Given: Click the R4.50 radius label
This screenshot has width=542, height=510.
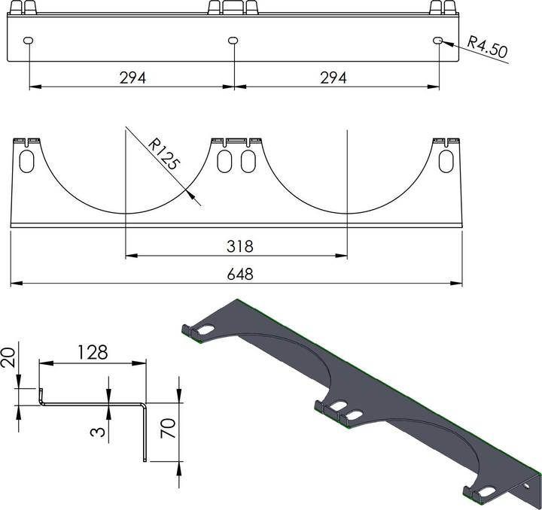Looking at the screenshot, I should [487, 47].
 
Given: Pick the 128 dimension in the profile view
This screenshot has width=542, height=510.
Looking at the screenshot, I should [91, 352].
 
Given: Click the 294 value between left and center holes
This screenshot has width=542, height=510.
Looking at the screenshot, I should [132, 77].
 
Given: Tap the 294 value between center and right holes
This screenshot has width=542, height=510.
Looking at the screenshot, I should [333, 77].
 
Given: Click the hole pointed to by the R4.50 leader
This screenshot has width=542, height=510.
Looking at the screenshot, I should [438, 40].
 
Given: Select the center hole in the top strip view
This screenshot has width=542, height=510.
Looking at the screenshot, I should [233, 40].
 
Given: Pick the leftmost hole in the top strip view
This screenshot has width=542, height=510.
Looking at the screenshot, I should [29, 41].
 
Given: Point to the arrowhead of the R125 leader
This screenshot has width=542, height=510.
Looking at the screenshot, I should [198, 201].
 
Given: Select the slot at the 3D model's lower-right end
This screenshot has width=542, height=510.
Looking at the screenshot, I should [487, 492].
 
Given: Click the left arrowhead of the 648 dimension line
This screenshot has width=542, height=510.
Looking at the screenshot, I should [14, 284].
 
